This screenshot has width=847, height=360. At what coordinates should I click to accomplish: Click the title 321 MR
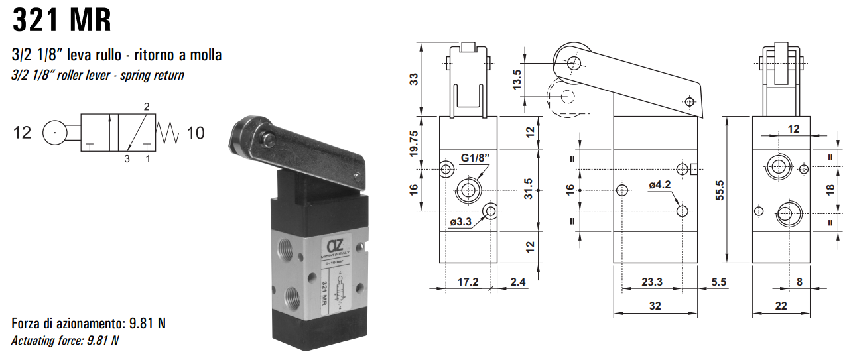(62, 21)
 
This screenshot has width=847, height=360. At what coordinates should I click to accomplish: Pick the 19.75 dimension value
(414, 143)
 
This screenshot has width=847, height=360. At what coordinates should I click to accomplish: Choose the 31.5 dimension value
(529, 190)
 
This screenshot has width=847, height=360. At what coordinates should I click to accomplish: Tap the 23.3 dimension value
(651, 282)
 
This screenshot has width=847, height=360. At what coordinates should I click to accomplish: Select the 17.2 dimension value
(468, 282)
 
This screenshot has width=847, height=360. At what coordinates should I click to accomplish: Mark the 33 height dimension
(414, 79)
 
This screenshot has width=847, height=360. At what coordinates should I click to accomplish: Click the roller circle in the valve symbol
(53, 133)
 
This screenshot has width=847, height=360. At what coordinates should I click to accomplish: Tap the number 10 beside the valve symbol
(195, 133)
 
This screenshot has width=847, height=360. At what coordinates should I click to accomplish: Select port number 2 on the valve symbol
(147, 106)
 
